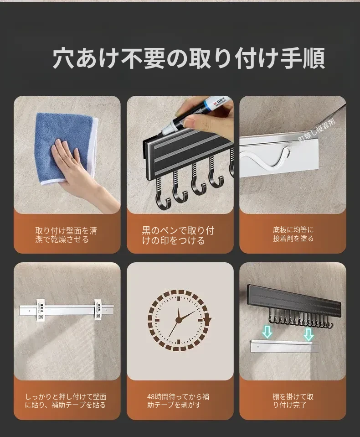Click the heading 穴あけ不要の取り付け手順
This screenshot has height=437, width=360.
(189, 58)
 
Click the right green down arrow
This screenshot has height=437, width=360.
(309, 334)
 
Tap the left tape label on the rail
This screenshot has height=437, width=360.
(41, 310)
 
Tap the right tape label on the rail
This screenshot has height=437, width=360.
(98, 310)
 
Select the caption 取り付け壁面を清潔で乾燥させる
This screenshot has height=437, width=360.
(66, 235)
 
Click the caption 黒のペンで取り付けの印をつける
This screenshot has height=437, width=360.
(178, 235)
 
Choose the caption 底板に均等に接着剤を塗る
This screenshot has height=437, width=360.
(293, 234)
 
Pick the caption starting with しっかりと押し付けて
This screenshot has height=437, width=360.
(66, 401)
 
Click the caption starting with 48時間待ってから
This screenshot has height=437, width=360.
(178, 401)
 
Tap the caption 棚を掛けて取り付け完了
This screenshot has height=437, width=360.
(293, 401)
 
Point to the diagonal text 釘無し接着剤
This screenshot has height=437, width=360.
(317, 130)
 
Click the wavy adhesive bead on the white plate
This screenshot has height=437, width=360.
(267, 160)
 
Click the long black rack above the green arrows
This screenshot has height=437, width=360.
(294, 301)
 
